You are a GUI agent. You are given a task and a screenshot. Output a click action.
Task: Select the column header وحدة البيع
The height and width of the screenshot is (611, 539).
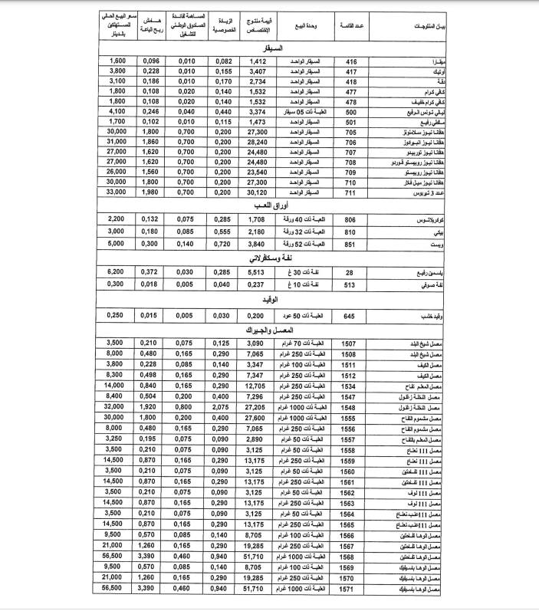303,26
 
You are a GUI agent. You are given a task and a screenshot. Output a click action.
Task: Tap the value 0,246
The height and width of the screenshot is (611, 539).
152,111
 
